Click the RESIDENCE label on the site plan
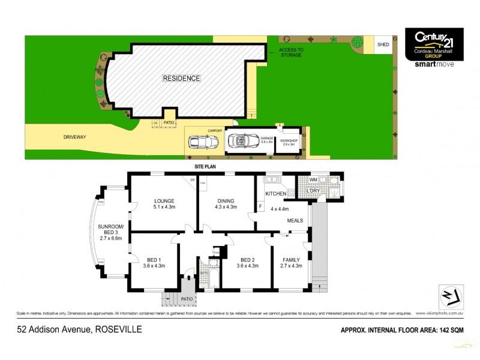[x=181, y=78]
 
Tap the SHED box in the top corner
[x=382, y=44]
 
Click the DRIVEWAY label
[x=74, y=137]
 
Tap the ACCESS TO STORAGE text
[x=291, y=53]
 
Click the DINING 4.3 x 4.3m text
[x=225, y=205]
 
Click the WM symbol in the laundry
[x=313, y=179]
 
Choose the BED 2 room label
[x=247, y=263]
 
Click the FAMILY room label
[x=290, y=263]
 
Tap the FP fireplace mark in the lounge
[x=193, y=180]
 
